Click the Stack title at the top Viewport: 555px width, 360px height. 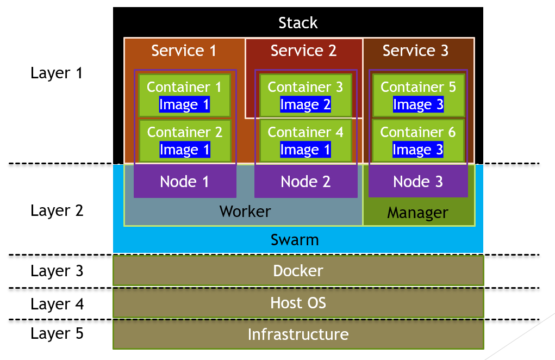[298, 23]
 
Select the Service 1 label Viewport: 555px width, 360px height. [184, 51]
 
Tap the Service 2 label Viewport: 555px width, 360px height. [303, 51]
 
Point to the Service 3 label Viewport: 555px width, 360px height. [415, 51]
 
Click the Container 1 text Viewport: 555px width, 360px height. [184, 87]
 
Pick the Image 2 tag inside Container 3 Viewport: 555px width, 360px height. [305, 105]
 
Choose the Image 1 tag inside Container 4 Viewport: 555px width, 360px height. [305, 150]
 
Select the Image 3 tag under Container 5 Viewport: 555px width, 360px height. [418, 105]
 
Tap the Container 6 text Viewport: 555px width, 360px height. [418, 132]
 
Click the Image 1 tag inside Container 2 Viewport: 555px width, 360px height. [184, 150]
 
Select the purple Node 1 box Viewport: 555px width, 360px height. [184, 182]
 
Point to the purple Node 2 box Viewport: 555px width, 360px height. [305, 182]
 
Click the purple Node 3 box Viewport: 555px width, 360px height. [418, 182]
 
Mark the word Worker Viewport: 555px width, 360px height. [245, 211]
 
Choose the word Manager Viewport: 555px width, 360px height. [417, 213]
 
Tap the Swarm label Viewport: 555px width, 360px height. [295, 240]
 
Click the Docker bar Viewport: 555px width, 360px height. [298, 271]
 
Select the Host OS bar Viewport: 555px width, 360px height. [298, 302]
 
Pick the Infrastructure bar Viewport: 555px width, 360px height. [298, 334]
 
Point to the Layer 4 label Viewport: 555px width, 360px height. [57, 304]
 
